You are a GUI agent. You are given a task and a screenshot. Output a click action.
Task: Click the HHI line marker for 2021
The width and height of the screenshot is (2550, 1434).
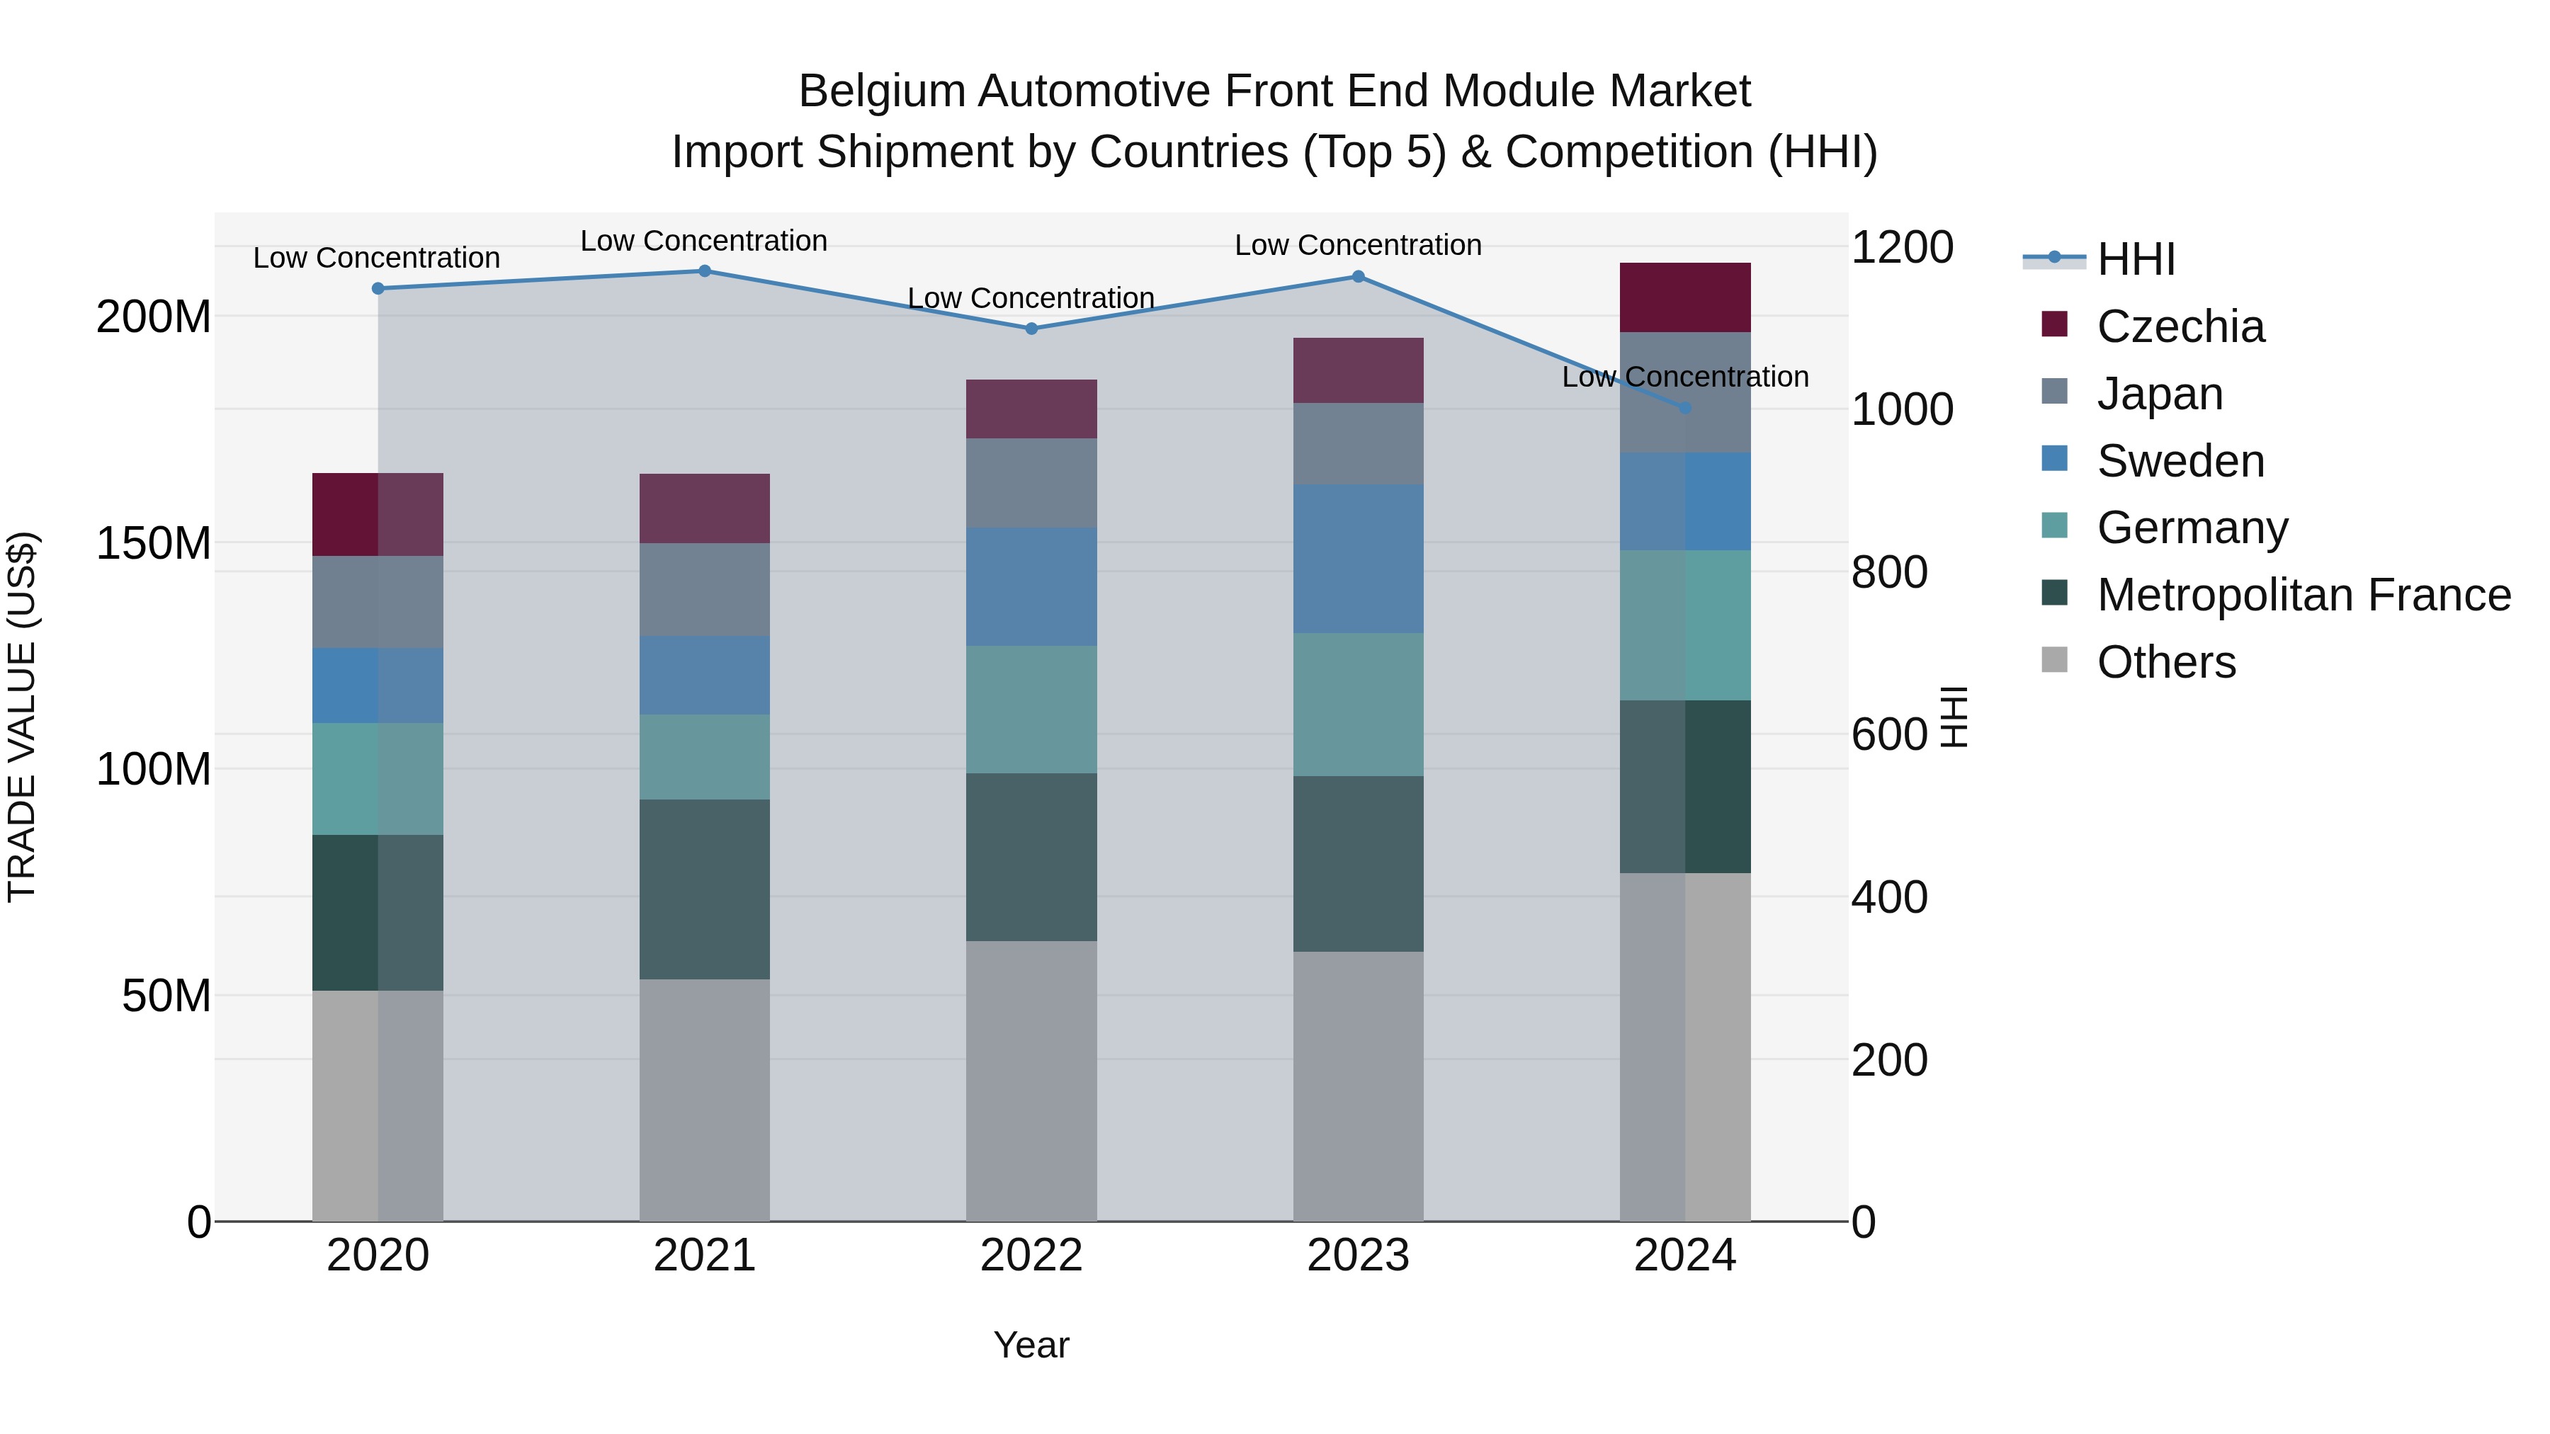click(x=704, y=271)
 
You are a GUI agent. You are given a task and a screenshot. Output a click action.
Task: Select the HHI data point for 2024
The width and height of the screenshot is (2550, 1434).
click(x=1685, y=408)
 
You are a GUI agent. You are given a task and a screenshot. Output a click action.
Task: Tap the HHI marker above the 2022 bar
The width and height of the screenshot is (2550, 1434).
click(x=1031, y=329)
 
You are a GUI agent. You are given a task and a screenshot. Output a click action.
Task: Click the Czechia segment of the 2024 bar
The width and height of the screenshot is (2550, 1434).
click(x=1685, y=297)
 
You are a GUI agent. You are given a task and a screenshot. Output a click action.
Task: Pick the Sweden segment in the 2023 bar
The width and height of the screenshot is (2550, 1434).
click(x=1357, y=559)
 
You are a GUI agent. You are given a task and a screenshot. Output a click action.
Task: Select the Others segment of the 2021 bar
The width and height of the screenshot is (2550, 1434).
click(x=704, y=1100)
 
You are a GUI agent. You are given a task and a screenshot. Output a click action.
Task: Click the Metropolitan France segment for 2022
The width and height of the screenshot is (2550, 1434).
click(x=1031, y=857)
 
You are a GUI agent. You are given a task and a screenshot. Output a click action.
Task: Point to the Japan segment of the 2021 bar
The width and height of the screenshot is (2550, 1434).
click(x=704, y=590)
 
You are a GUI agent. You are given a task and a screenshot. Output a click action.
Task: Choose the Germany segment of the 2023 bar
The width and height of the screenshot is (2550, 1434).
click(x=1357, y=705)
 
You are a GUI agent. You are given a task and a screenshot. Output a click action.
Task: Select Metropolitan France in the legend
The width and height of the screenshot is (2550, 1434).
click(x=2303, y=595)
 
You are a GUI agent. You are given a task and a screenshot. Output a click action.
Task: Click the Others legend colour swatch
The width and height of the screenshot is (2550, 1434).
click(x=2054, y=660)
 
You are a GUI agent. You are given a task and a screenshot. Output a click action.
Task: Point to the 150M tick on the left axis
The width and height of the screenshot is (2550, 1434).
click(x=154, y=543)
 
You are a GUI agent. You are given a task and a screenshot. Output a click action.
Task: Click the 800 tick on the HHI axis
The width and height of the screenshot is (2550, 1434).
click(x=1888, y=572)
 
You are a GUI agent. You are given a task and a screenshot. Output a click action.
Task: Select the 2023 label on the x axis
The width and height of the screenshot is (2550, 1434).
click(x=1357, y=1256)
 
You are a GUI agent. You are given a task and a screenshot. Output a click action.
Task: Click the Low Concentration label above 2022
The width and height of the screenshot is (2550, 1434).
click(x=1031, y=298)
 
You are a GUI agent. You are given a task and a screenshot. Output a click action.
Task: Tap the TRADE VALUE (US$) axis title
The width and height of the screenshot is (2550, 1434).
click(x=23, y=717)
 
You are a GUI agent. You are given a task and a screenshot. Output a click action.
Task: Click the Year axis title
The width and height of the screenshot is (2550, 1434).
click(x=1031, y=1345)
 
